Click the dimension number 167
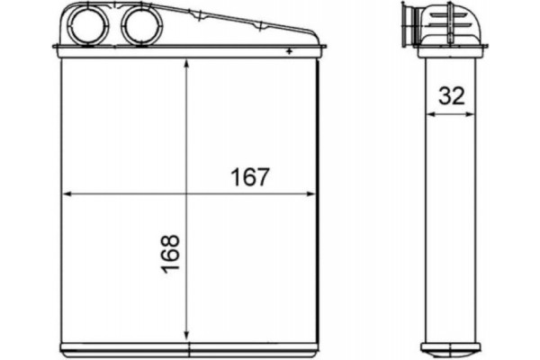click(x=250, y=176)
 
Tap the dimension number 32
click(x=452, y=96)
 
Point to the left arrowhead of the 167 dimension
click(x=65, y=193)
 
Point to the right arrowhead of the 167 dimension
click(x=313, y=193)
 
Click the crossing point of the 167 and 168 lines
click(x=185, y=193)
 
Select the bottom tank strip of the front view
click(x=189, y=348)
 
